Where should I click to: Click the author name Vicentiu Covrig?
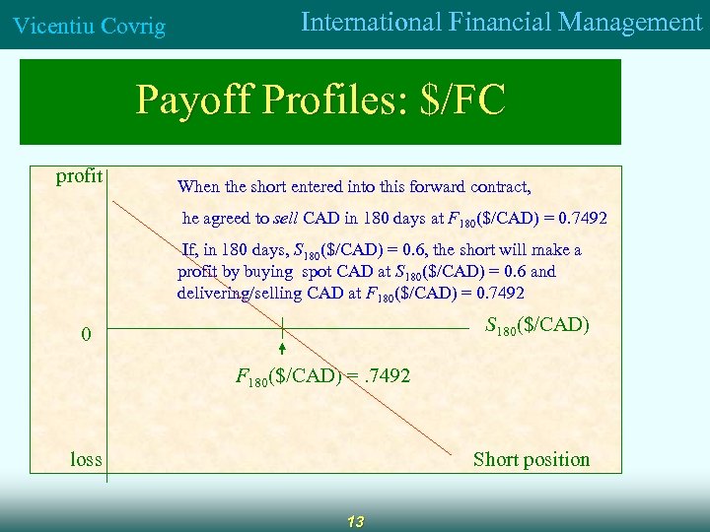(x=88, y=27)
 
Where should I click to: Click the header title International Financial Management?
(x=501, y=23)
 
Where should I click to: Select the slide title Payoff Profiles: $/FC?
(x=320, y=100)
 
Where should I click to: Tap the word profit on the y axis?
(x=80, y=176)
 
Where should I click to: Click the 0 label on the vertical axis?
(x=86, y=335)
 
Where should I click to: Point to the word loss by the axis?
(x=86, y=459)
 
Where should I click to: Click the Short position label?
(x=531, y=459)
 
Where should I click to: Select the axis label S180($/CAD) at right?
(x=537, y=324)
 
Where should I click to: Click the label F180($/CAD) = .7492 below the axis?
(x=322, y=375)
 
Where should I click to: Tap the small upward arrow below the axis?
(x=282, y=349)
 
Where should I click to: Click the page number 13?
(x=355, y=522)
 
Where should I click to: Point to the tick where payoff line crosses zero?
(x=282, y=327)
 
